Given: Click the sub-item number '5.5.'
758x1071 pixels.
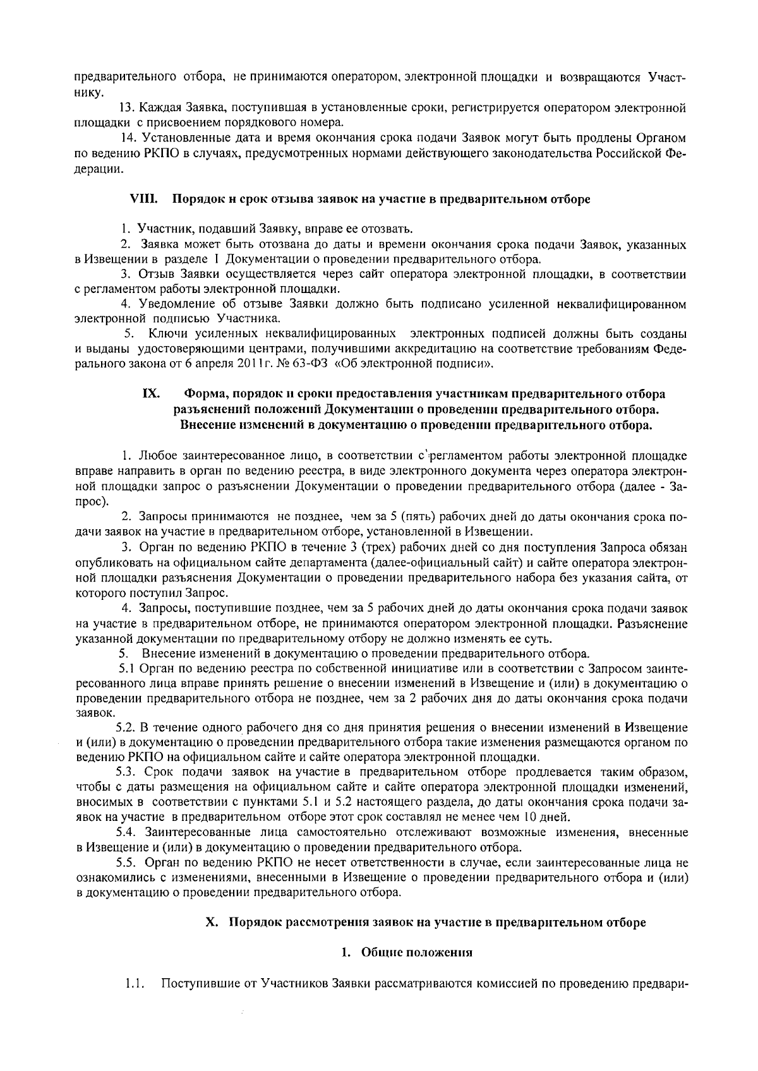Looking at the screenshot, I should pos(128,863).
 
